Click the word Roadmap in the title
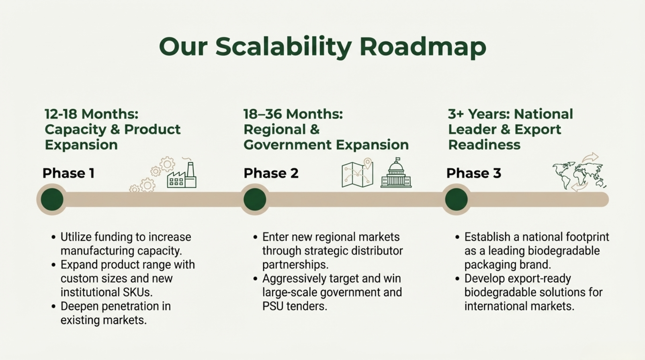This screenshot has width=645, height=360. coord(423,47)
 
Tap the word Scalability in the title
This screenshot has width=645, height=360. coord(283,47)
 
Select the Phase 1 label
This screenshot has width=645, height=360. coord(69,174)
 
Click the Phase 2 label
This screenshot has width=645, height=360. coord(271,174)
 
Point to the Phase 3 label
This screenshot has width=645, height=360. coord(474,174)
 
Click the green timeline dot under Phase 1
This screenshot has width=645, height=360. coord(52,199)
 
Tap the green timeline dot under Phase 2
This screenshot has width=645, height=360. coord(255,199)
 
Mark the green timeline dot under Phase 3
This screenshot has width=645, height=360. coord(457,199)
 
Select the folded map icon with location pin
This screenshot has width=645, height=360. coord(357,173)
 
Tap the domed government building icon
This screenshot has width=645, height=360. coord(396,173)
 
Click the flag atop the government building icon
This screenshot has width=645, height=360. coord(398,159)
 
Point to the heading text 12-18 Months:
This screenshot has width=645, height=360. coord(92,114)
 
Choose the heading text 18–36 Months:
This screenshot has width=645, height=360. coord(293,114)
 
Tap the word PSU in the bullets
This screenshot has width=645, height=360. coord(272,306)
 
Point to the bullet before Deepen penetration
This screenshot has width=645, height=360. coord(53,307)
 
